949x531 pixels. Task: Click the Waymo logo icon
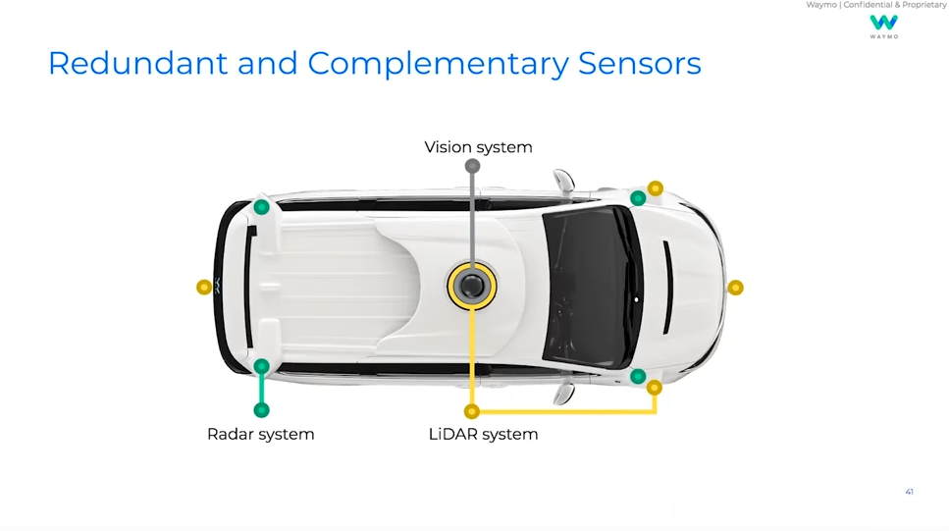tap(883, 23)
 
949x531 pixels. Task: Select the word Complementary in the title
tap(438, 63)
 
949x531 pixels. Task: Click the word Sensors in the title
tap(639, 63)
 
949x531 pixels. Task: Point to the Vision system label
tap(478, 147)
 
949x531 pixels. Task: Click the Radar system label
tap(260, 434)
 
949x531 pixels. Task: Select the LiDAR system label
tap(483, 434)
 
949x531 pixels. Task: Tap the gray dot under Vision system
tap(472, 166)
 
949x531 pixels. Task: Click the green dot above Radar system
tap(261, 410)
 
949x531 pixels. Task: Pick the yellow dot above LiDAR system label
tap(472, 411)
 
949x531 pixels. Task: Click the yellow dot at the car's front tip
tap(735, 288)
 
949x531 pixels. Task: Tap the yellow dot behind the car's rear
tap(204, 287)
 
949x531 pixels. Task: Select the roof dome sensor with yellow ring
tap(472, 286)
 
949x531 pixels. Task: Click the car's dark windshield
tap(586, 286)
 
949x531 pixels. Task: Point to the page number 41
tap(909, 492)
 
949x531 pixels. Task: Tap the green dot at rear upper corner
tap(261, 207)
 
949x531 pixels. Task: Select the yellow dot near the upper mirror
tap(656, 187)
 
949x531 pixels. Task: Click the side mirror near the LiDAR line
tap(563, 394)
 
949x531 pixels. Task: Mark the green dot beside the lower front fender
tap(638, 377)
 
